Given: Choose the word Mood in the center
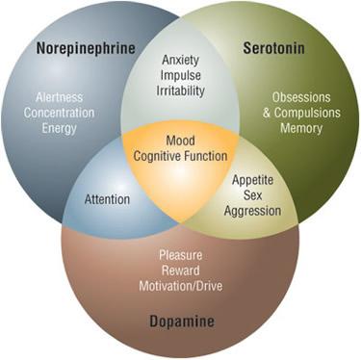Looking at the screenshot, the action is pos(180,141).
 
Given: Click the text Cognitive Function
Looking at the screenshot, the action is pos(180,157).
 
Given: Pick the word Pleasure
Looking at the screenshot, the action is pos(180,255).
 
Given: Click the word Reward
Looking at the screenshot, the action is pos(180,270).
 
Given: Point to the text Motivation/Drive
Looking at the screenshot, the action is pos(180,286).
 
